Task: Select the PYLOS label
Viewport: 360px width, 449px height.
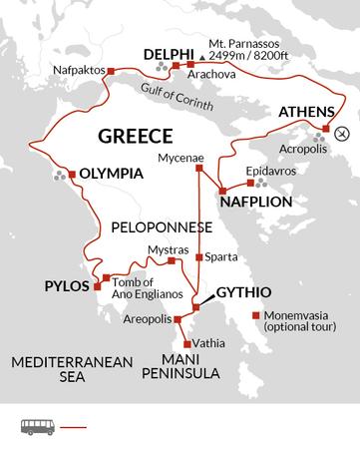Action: pos(67,286)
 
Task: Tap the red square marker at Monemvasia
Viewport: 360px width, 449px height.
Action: pos(256,315)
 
